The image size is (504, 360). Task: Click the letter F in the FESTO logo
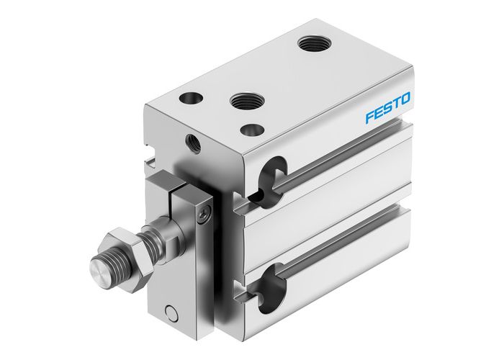(x=369, y=116)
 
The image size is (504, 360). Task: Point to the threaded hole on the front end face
(x=193, y=141)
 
